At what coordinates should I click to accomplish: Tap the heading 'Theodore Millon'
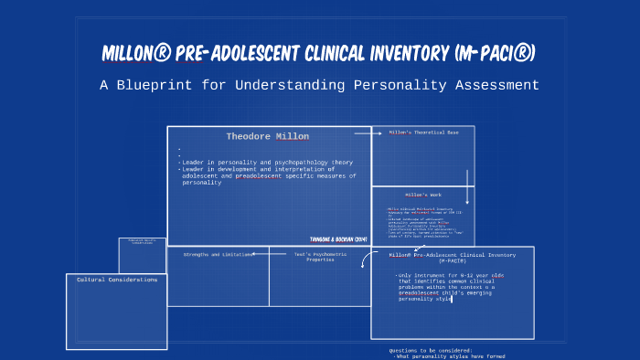click(267, 136)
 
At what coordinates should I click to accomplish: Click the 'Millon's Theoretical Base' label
click(422, 132)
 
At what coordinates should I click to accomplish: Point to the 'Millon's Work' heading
click(422, 195)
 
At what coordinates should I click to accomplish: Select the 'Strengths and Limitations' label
click(217, 255)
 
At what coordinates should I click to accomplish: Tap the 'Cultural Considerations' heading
click(116, 280)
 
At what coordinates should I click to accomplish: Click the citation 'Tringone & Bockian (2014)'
click(338, 238)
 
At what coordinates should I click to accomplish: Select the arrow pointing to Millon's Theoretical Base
click(368, 132)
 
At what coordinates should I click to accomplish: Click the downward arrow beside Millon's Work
click(467, 186)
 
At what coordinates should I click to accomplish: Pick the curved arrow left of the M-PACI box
click(365, 260)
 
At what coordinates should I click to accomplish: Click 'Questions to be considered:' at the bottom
click(431, 350)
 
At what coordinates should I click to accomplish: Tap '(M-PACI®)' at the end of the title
click(495, 54)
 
